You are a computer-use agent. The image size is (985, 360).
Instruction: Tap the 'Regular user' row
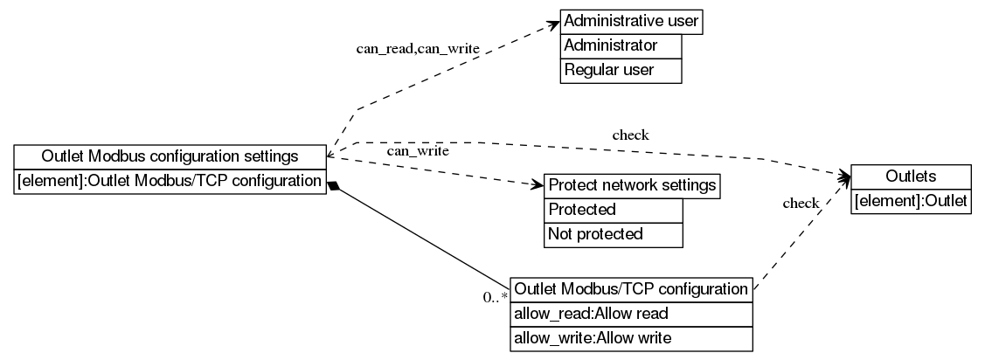pyautogui.click(x=621, y=70)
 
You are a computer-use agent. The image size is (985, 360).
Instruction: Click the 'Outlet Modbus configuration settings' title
pyautogui.click(x=170, y=156)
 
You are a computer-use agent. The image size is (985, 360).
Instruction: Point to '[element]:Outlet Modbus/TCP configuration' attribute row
pyautogui.click(x=170, y=182)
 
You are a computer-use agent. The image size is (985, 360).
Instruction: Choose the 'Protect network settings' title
pyautogui.click(x=632, y=185)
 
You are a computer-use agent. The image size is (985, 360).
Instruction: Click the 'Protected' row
pyautogui.click(x=613, y=210)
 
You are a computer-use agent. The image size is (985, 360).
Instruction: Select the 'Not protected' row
pyautogui.click(x=613, y=234)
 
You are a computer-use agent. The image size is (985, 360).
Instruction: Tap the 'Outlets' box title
pyautogui.click(x=910, y=177)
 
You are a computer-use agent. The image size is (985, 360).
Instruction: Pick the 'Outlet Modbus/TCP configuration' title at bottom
pyautogui.click(x=631, y=288)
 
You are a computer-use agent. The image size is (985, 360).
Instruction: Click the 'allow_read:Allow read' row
pyautogui.click(x=631, y=313)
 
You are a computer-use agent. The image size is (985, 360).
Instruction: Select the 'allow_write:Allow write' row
pyautogui.click(x=631, y=337)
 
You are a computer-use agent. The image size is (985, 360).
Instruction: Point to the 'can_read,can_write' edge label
pyautogui.click(x=417, y=49)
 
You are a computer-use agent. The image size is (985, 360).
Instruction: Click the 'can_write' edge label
pyautogui.click(x=418, y=151)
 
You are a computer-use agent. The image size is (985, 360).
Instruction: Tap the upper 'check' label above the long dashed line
pyautogui.click(x=630, y=135)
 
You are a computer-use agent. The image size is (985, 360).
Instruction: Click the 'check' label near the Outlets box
pyautogui.click(x=801, y=204)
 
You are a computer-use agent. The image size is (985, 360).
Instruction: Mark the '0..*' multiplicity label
pyautogui.click(x=496, y=297)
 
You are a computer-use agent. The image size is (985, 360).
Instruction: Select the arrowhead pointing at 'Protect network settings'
pyautogui.click(x=538, y=184)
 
